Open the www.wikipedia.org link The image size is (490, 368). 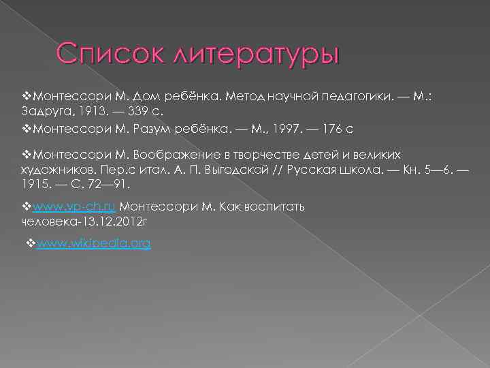coord(93,243)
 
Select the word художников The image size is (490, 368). coord(54,169)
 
